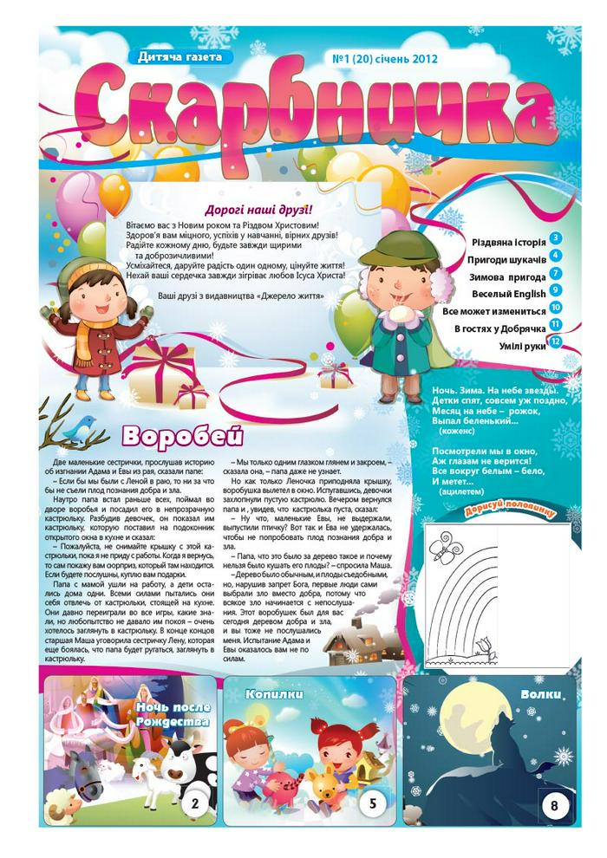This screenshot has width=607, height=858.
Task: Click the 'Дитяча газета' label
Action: [180, 57]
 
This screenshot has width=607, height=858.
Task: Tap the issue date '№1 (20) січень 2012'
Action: [385, 60]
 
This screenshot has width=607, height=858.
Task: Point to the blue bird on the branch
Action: [83, 424]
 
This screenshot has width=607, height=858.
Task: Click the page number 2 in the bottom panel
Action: [195, 803]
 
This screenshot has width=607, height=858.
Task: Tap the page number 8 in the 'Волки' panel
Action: [554, 806]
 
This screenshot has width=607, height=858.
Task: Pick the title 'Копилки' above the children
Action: [273, 694]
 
